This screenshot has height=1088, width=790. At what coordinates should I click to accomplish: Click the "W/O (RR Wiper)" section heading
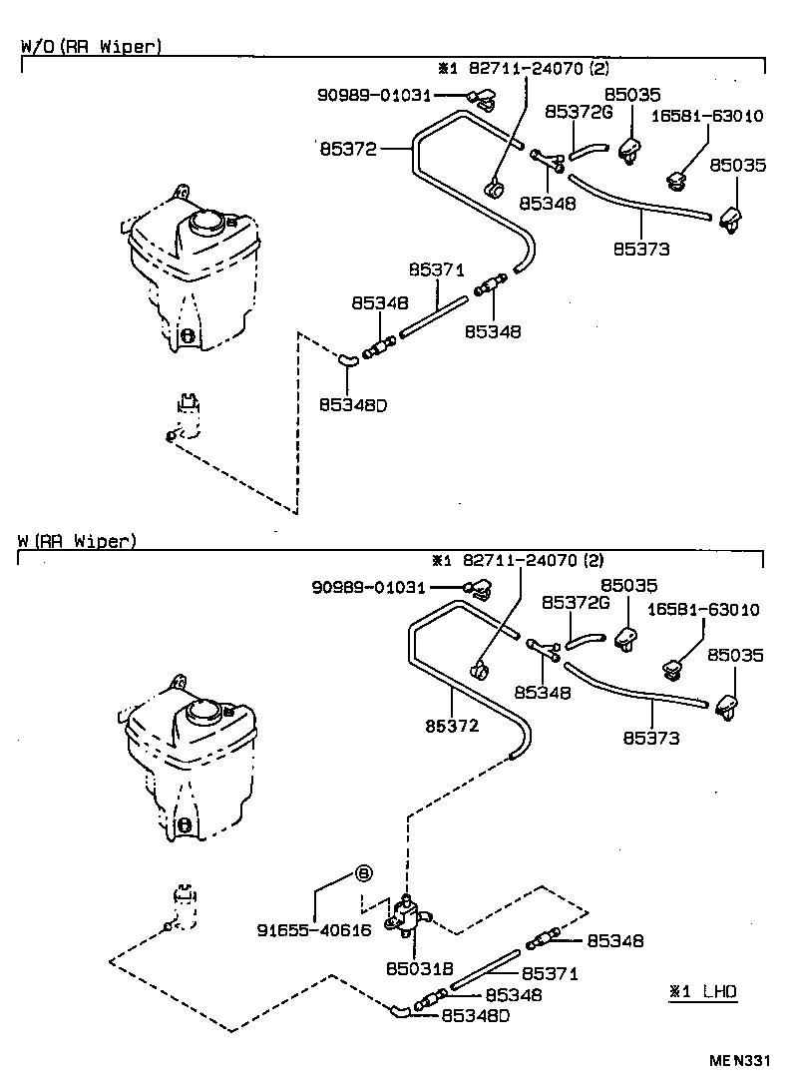tap(91, 46)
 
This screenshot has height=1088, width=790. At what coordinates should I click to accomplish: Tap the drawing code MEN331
tap(741, 1062)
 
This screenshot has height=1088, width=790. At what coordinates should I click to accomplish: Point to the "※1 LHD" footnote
tap(703, 991)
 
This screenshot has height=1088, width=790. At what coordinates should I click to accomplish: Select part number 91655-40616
tap(313, 929)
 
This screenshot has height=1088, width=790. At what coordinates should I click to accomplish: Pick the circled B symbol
tap(364, 873)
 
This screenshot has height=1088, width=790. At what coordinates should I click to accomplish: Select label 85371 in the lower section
tap(551, 973)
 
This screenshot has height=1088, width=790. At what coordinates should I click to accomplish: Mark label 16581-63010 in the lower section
tap(703, 609)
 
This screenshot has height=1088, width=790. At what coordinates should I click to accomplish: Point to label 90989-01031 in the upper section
tap(374, 95)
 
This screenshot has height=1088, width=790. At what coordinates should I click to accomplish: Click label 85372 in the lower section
tap(453, 726)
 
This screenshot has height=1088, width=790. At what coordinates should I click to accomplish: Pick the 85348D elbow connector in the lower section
tap(399, 1011)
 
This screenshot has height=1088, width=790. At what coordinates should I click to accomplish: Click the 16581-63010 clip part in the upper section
tap(677, 181)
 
